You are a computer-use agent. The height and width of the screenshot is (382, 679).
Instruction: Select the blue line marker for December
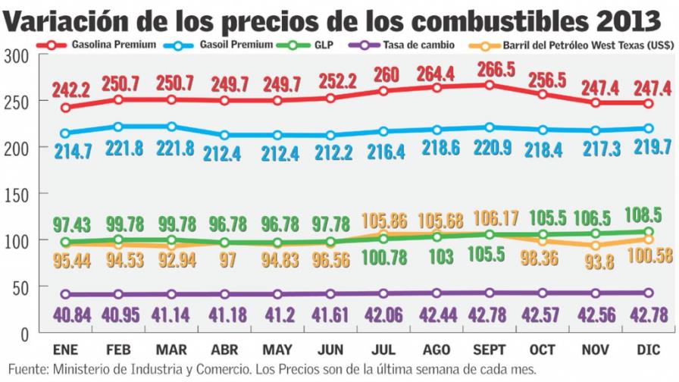649,128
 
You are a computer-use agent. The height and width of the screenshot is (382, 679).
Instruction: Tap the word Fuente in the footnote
25,370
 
